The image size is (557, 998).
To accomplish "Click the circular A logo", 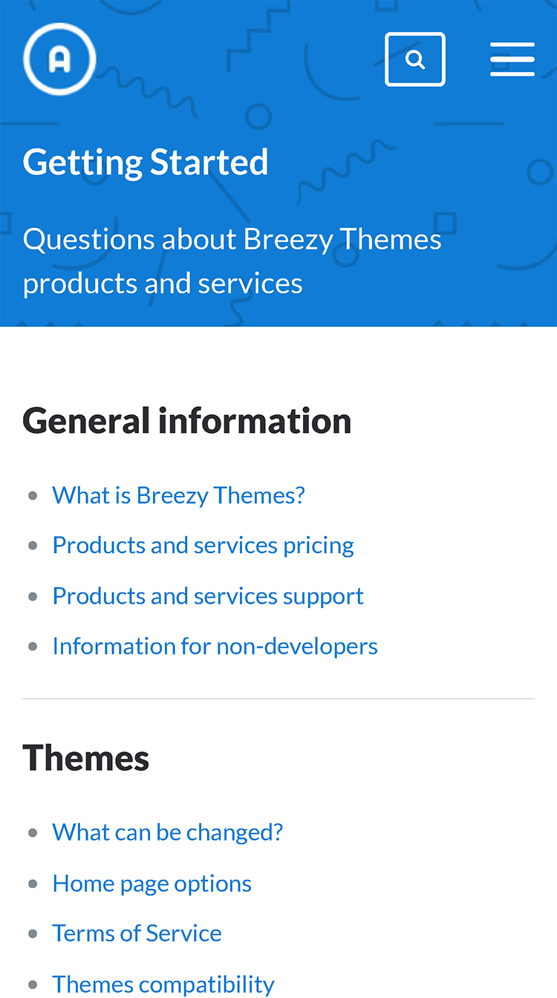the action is [x=59, y=59].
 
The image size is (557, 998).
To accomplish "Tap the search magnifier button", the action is [x=415, y=59].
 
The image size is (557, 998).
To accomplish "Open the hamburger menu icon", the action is [x=512, y=59].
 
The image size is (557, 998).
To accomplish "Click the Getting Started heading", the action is [x=146, y=163].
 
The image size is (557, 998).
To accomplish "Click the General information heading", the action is [x=186, y=420].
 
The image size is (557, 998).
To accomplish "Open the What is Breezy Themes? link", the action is [x=178, y=496].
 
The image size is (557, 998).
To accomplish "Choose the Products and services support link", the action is [x=208, y=596].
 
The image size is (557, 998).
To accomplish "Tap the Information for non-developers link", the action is [x=215, y=647].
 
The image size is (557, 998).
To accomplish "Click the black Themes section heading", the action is [x=85, y=758].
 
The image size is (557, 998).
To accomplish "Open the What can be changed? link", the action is [x=168, y=832].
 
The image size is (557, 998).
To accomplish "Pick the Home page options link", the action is [x=152, y=884].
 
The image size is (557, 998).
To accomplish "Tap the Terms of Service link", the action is [x=137, y=933].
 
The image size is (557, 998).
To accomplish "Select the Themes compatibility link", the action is [x=163, y=985].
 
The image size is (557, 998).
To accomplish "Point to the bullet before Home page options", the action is [x=33, y=884].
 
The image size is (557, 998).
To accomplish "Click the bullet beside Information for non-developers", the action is [x=33, y=647].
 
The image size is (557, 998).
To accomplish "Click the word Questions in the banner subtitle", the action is [x=88, y=240].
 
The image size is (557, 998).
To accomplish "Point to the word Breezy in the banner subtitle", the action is [x=288, y=240].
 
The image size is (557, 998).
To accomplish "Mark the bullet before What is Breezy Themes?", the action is [x=33, y=496].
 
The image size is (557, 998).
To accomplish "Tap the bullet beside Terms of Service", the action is [x=33, y=934].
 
